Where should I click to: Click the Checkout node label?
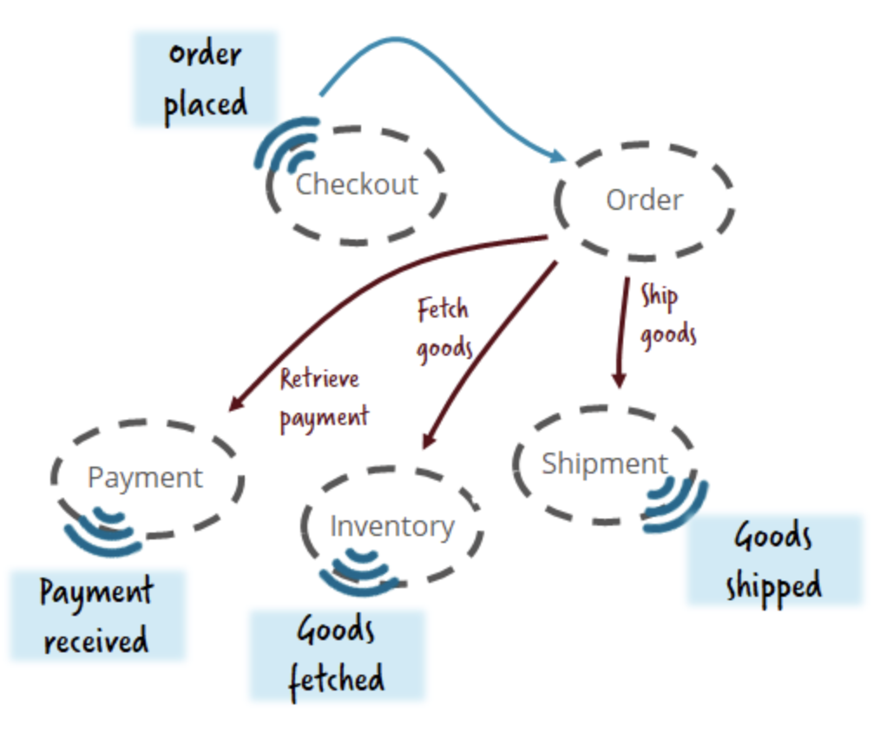click(357, 184)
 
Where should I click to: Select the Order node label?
click(644, 200)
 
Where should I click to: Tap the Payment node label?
click(145, 478)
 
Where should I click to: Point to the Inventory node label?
click(391, 526)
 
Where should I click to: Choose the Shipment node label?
click(604, 464)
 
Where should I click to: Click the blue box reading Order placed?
click(205, 80)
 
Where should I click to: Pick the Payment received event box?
click(97, 616)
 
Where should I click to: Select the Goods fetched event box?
click(337, 655)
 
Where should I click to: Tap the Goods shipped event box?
click(774, 560)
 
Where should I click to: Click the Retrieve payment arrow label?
click(324, 398)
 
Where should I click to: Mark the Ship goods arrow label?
click(668, 316)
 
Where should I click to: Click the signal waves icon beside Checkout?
click(286, 143)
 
